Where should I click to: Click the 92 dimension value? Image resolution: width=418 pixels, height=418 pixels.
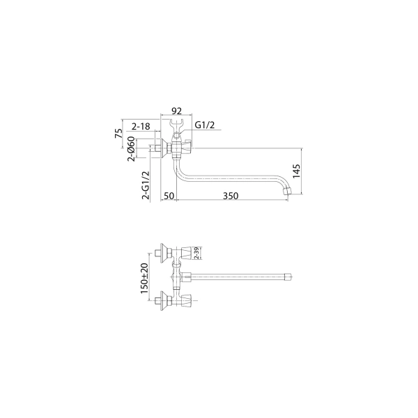tap(176, 111)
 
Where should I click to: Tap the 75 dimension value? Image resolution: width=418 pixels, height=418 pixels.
tap(118, 133)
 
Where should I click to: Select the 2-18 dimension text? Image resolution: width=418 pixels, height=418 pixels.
tap(141, 126)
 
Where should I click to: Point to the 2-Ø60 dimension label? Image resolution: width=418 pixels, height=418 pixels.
tap(131, 149)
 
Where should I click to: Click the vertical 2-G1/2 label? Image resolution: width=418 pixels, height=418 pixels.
tap(146, 185)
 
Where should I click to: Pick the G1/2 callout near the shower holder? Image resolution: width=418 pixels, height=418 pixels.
tap(205, 125)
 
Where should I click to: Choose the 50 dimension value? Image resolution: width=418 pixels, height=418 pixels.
tap(169, 196)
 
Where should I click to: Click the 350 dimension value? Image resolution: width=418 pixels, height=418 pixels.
tap(231, 196)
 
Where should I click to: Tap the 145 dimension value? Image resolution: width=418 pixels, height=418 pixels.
tap(296, 171)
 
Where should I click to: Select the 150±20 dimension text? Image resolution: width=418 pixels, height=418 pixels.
tap(144, 278)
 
